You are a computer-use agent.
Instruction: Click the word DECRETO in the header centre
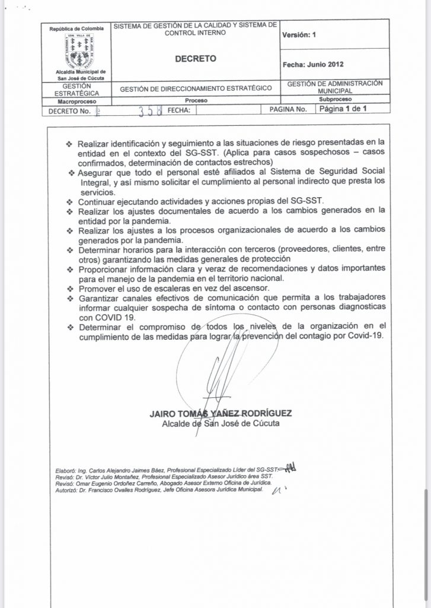click(195, 59)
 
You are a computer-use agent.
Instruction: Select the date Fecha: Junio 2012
click(313, 64)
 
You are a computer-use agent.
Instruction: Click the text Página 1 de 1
click(343, 109)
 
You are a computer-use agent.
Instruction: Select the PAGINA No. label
click(288, 110)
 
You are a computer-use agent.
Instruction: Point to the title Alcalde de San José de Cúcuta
click(221, 424)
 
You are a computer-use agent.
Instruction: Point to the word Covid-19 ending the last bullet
click(366, 335)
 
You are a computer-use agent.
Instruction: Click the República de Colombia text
click(76, 28)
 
